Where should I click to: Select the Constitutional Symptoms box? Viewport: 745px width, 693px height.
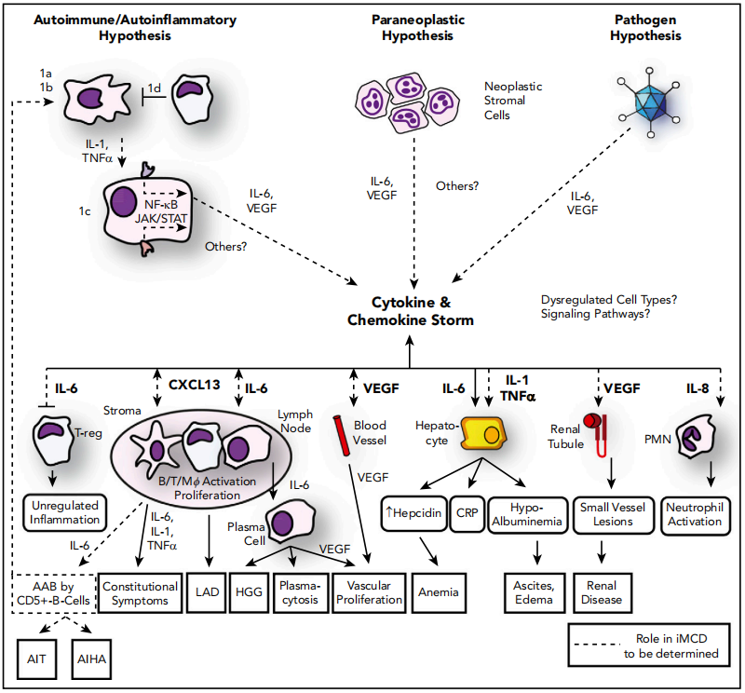(x=141, y=593)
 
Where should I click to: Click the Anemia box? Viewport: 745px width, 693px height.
(x=438, y=593)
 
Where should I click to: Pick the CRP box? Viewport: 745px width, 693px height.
(x=465, y=513)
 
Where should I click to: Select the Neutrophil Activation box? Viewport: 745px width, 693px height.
(x=695, y=513)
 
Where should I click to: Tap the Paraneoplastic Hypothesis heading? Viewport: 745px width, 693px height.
(x=411, y=27)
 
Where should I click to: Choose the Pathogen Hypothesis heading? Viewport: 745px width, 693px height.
(x=647, y=27)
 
